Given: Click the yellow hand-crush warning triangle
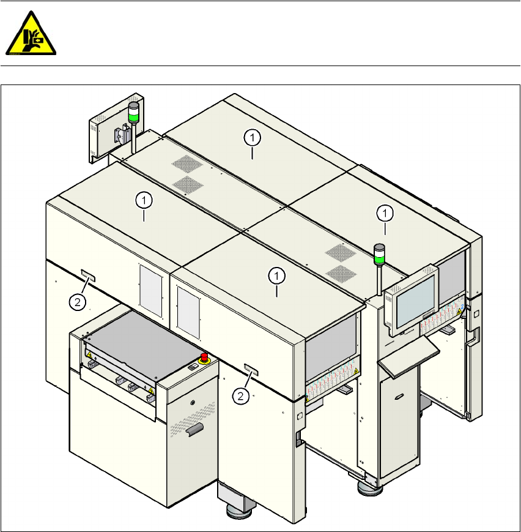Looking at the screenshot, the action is click(30, 34).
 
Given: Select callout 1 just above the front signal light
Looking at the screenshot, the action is click(385, 213).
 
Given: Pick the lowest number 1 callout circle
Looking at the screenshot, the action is click(277, 276).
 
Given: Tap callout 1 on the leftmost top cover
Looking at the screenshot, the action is click(144, 200).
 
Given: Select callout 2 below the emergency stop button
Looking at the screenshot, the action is click(241, 397).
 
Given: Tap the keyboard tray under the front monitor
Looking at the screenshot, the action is click(408, 355).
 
